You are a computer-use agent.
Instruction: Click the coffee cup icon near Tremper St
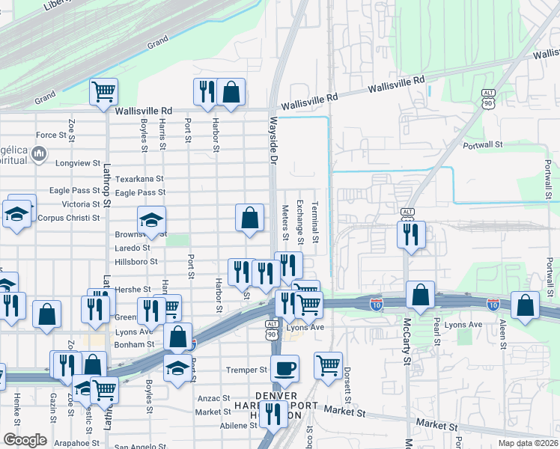(285, 368)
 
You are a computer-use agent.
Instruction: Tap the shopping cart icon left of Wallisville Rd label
(103, 92)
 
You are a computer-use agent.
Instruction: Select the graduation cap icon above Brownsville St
(151, 220)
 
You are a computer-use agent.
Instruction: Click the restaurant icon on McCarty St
(411, 234)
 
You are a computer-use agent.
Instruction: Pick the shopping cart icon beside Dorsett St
(328, 365)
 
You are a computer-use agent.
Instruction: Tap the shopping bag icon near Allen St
(526, 305)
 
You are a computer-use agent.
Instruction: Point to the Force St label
(51, 135)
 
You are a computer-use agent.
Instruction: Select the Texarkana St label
(139, 180)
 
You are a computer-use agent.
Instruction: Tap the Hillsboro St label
(136, 262)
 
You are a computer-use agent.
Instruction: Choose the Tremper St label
(246, 370)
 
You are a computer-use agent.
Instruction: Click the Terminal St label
(315, 222)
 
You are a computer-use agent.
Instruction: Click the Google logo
(25, 439)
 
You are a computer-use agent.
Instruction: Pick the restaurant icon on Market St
(273, 412)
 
